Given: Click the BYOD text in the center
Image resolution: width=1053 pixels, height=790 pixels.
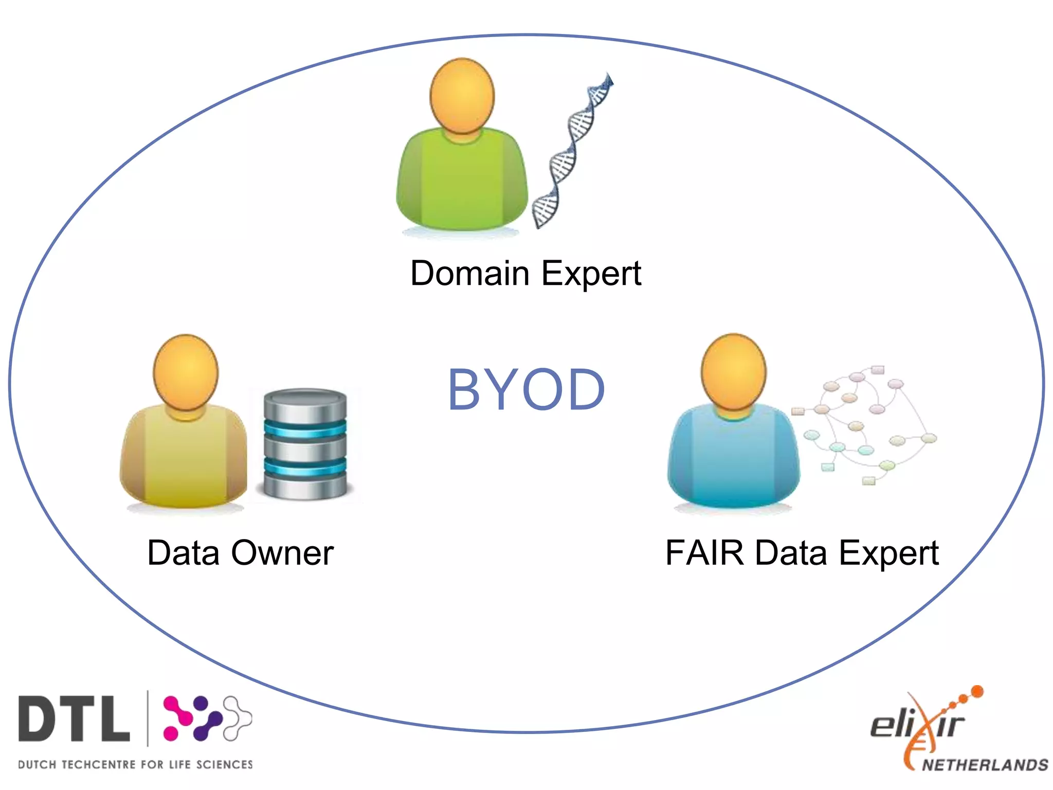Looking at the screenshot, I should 526,390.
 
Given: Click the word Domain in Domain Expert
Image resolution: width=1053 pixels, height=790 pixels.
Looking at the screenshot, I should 469,273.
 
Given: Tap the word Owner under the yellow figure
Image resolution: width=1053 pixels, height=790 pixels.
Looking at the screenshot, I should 282,553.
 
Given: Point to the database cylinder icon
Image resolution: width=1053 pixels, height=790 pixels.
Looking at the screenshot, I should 305,444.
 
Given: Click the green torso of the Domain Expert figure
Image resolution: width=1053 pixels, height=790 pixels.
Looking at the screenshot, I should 462,180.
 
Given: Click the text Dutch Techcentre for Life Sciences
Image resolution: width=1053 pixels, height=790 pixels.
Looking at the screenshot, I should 135,765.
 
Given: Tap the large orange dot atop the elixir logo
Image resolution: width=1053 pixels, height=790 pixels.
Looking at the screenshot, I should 977,692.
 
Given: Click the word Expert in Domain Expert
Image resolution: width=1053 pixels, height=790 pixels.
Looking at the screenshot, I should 591,273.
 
